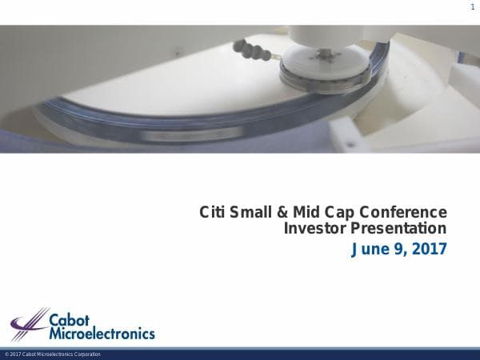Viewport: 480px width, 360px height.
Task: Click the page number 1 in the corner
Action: click(x=472, y=7)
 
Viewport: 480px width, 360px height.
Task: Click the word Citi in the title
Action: click(x=211, y=213)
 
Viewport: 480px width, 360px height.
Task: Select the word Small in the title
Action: click(x=251, y=213)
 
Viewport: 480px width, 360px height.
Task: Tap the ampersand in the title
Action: click(x=282, y=213)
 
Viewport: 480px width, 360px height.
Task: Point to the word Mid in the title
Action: click(x=306, y=213)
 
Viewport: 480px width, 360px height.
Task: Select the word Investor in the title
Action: click(x=313, y=229)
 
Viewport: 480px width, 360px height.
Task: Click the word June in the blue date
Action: click(x=370, y=250)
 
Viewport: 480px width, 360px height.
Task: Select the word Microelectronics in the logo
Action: click(x=102, y=332)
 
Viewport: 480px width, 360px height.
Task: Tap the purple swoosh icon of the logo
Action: click(x=29, y=325)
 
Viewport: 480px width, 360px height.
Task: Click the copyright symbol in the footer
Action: click(x=6, y=354)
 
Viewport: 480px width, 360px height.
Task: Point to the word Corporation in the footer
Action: click(x=86, y=354)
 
